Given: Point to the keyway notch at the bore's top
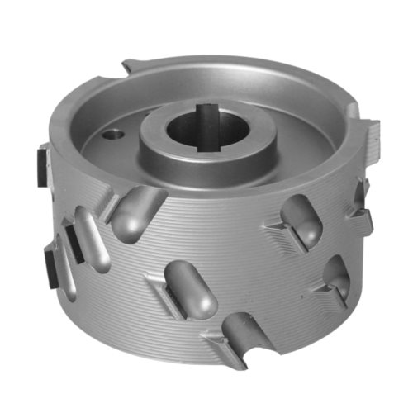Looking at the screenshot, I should click(207, 107).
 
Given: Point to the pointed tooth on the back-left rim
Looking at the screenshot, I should click(132, 67).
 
